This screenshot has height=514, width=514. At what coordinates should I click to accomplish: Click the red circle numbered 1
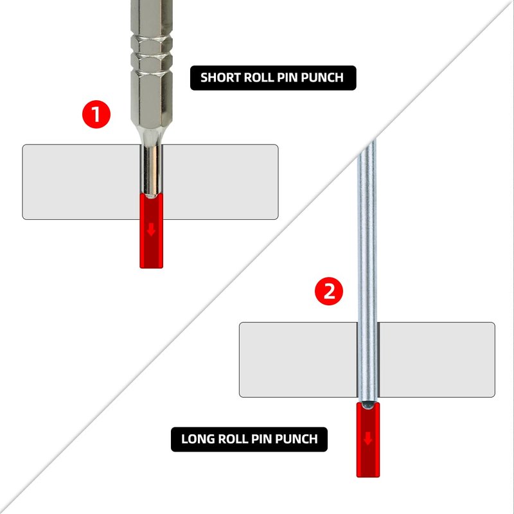tap(96, 114)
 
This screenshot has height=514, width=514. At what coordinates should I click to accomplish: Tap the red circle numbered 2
tap(329, 291)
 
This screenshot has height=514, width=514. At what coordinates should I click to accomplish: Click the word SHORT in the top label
tap(220, 78)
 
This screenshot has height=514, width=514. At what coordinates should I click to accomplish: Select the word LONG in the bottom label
tap(198, 439)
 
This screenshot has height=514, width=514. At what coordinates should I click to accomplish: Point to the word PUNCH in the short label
tap(323, 78)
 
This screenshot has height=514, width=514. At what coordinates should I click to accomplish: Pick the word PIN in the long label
tap(261, 439)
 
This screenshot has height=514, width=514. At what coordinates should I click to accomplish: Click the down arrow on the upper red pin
tap(151, 230)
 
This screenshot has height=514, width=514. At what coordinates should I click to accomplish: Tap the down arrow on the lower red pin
tap(368, 438)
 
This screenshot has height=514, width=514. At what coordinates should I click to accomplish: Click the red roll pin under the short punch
tap(151, 231)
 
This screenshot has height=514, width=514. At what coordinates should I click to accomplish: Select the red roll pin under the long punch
tap(368, 439)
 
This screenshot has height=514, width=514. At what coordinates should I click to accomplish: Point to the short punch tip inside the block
tap(151, 170)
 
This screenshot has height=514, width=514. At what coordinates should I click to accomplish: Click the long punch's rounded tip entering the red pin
tap(368, 405)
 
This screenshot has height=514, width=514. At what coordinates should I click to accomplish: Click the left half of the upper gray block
tap(82, 182)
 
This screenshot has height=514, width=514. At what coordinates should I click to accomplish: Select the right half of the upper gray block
tap(220, 182)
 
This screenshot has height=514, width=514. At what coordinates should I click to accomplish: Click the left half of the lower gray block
tap(298, 360)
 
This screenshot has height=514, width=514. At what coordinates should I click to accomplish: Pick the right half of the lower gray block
tap(437, 360)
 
